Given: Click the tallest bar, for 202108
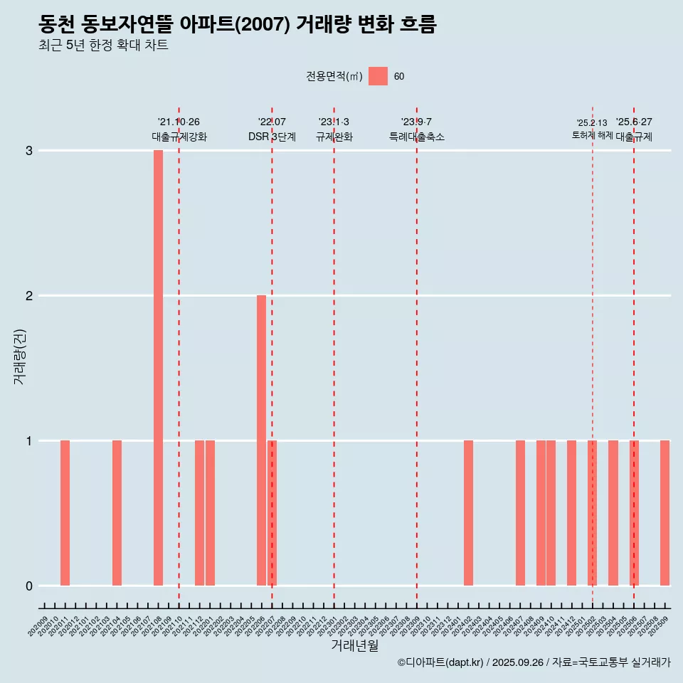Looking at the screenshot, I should [x=158, y=367].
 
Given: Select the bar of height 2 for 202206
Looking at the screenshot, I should [x=261, y=440].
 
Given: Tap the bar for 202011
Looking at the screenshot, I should [x=65, y=512].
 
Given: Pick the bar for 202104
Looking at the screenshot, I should [x=117, y=512].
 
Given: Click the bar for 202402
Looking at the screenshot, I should [x=468, y=512].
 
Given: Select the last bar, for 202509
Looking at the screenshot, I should [x=665, y=512].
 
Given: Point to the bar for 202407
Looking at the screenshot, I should [x=520, y=512].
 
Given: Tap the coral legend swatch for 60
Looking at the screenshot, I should [x=378, y=77].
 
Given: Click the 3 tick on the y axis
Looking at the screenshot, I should [x=29, y=151].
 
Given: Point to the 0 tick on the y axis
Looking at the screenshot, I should [x=29, y=586].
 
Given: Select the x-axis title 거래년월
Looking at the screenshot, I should [x=354, y=645].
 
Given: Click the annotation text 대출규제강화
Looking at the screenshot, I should [x=179, y=137].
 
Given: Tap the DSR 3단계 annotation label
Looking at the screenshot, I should [x=272, y=137].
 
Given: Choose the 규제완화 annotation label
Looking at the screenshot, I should [x=334, y=137].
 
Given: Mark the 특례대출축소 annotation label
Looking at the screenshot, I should [x=417, y=137].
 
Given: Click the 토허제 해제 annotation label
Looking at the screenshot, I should [x=592, y=135].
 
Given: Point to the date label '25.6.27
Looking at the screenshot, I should [x=634, y=122].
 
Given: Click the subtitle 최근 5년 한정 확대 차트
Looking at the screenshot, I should [x=104, y=46].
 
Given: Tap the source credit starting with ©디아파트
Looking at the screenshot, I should [x=534, y=662].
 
